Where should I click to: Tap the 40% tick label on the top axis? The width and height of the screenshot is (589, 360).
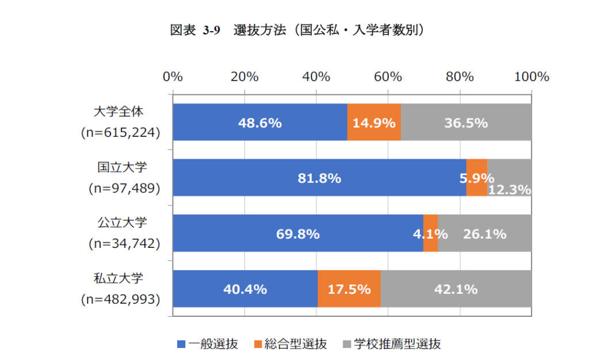pos(316,77)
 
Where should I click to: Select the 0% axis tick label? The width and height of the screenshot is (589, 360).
pos(173,77)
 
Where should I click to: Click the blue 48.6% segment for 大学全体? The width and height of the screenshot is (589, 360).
pos(259,122)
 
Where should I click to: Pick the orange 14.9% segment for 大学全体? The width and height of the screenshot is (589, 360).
pos(374,122)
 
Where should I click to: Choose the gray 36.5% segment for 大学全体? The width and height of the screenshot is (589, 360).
pos(466,122)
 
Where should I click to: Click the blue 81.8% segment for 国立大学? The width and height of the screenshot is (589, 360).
pos(319,178)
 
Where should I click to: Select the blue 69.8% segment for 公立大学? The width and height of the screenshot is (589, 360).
pos(297,233)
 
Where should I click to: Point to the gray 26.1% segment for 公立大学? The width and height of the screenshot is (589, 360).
pos(485,233)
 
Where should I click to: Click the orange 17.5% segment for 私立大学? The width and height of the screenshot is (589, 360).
pos(349,289)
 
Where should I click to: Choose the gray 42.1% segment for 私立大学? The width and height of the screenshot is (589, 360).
pos(456,289)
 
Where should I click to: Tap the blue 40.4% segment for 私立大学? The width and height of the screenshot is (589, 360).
pos(245,289)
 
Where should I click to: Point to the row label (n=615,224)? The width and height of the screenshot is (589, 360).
pos(120,133)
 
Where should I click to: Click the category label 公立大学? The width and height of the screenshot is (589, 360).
pos(120,224)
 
